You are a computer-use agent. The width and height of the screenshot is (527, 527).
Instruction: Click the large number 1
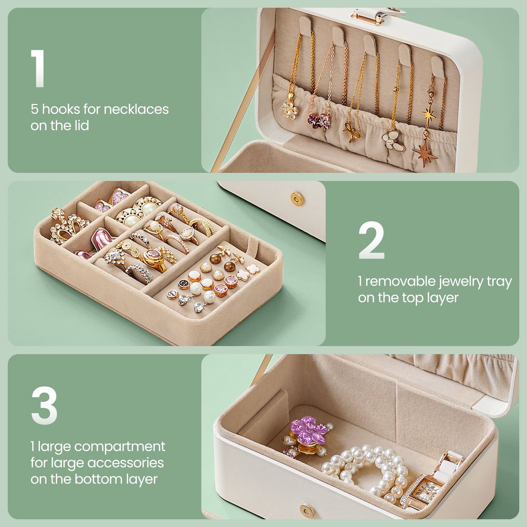point(38,68)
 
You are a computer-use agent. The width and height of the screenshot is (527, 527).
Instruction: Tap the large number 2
point(371,240)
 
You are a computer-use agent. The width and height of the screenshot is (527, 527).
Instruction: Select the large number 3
point(44,405)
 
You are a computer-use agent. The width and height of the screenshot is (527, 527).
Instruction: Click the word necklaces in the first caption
point(136,109)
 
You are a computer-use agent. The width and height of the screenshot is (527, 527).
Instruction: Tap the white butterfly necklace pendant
point(393,141)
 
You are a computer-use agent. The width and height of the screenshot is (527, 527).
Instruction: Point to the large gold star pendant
point(425,153)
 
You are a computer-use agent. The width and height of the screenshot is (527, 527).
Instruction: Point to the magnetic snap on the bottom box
point(306,509)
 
